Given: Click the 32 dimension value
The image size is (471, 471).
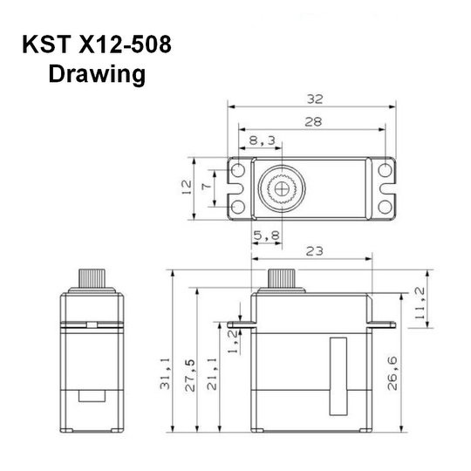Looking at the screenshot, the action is pos(315,99).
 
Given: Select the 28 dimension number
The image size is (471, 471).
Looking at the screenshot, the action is pos(313,121).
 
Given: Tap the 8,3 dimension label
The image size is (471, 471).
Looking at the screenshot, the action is pos(263,140).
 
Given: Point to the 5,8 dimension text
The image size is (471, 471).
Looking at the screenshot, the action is pos(267,235).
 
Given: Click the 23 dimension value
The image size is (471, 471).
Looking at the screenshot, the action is pos(314,251).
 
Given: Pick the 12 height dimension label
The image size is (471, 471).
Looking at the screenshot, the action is pos(187,187).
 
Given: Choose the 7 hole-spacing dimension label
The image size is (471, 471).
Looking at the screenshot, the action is pos(207,187).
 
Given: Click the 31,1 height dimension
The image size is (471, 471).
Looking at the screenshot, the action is pos(165,373).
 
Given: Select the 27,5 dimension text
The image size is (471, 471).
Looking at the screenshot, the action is pos(190,375).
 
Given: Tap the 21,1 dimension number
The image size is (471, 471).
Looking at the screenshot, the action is pos(212,374).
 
